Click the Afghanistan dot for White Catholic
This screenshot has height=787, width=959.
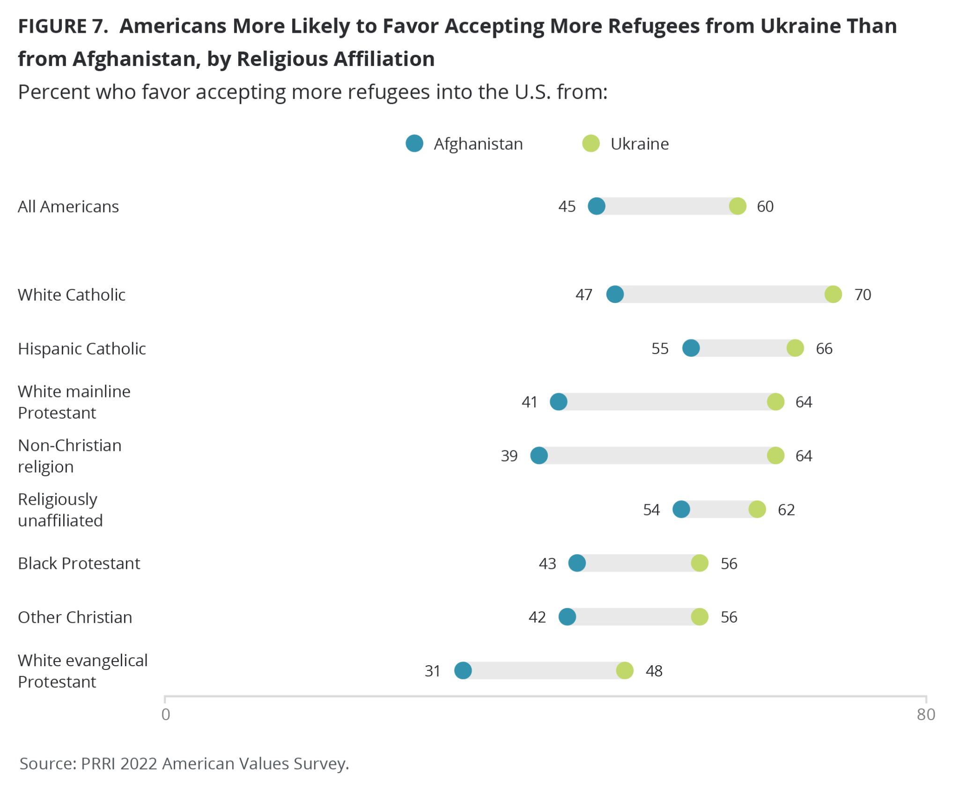(x=614, y=294)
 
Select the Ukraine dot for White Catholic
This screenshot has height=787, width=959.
(x=833, y=294)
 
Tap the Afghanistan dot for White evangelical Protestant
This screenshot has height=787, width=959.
(x=463, y=670)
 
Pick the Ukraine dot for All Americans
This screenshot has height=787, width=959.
(x=737, y=206)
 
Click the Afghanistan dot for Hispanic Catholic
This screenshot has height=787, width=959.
(x=691, y=348)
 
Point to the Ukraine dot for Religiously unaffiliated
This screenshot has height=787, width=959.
(x=757, y=509)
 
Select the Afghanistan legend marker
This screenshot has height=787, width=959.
(x=414, y=143)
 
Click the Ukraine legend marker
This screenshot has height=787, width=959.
(x=590, y=143)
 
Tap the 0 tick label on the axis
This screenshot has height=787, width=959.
(x=166, y=714)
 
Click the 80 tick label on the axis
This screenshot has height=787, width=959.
(x=925, y=714)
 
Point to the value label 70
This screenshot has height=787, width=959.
(x=862, y=294)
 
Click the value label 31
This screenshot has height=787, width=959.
(x=432, y=671)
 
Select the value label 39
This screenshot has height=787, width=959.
(x=509, y=456)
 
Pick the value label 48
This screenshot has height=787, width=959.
(x=654, y=671)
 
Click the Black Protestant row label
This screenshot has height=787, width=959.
(x=79, y=563)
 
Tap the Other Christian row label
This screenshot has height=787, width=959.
(x=75, y=617)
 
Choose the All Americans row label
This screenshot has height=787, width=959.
(x=68, y=206)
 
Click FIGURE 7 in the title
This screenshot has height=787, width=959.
(x=63, y=26)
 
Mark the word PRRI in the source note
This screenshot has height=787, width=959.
(x=98, y=764)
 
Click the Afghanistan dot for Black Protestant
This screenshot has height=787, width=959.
(x=576, y=563)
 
